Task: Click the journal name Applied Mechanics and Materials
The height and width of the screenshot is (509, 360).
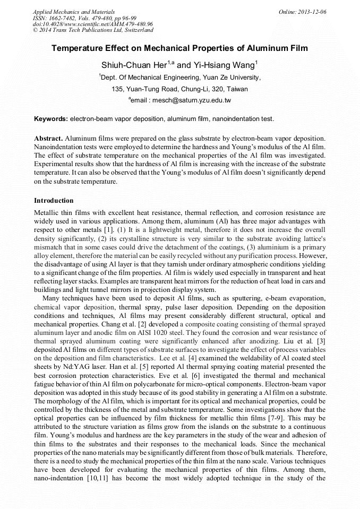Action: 70,12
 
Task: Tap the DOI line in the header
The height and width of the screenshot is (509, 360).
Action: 93,24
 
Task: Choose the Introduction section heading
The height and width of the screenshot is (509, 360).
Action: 54,201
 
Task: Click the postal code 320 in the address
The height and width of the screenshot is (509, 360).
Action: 218,89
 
